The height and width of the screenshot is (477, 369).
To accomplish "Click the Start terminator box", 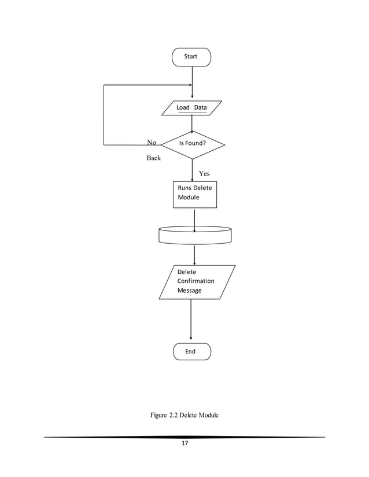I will (191, 57).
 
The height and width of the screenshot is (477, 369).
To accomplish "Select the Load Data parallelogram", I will (191, 108).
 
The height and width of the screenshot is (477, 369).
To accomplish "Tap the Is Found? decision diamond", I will (192, 143).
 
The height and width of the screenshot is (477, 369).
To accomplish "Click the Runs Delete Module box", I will (195, 195).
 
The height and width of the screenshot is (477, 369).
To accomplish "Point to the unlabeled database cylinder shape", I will (194, 235).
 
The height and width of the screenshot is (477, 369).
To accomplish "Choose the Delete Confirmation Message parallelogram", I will (197, 282).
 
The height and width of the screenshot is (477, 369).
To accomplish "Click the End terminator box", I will (191, 351).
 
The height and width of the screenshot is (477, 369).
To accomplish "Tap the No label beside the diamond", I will (152, 143).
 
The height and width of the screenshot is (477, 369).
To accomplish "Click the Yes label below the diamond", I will (204, 173).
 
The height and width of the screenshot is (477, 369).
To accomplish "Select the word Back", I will (153, 158).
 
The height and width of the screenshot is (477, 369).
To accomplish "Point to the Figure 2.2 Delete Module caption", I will (184, 415).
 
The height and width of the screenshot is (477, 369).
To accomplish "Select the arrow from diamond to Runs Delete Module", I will (192, 170).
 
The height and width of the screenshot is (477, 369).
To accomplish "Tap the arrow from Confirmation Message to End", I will (191, 321).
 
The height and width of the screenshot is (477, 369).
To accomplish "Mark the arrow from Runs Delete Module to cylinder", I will (194, 219).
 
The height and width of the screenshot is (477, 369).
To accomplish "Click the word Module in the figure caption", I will (206, 415).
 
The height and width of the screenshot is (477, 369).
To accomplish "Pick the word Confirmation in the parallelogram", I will (195, 281).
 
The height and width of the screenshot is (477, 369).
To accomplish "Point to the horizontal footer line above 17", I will (184, 437).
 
